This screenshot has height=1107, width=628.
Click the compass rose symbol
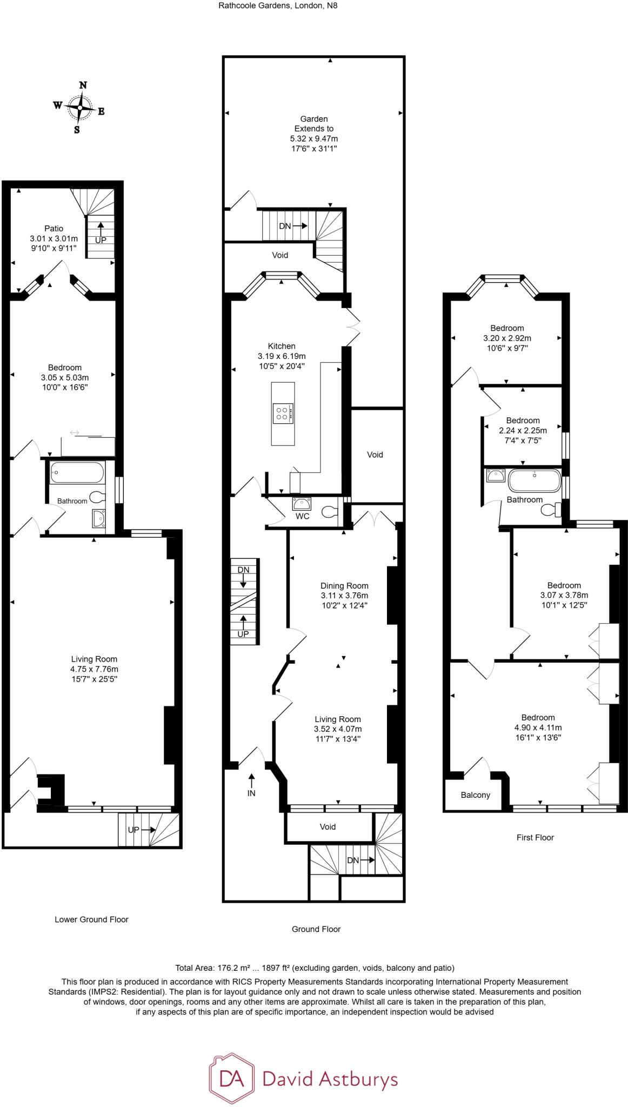[x=80, y=107]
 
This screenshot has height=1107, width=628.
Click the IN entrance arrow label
[x=251, y=793]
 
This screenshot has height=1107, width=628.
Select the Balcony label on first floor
[x=476, y=795]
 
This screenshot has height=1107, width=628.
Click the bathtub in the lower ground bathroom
[x=77, y=473]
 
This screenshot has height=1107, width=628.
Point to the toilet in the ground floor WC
[x=329, y=511]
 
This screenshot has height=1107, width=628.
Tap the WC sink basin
[x=302, y=504]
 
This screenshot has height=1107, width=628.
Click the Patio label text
[x=54, y=228]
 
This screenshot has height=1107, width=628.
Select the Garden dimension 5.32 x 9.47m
[x=314, y=138]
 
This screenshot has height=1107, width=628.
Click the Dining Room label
[x=344, y=585]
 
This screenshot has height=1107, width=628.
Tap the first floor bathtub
[x=534, y=480]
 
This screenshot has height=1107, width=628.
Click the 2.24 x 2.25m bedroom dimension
[x=523, y=430]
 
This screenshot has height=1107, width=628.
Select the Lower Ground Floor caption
[x=91, y=919]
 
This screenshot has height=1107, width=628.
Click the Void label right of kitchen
[x=375, y=455]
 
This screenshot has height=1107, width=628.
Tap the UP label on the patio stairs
[x=101, y=240]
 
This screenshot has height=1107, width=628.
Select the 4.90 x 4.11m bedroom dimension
[x=538, y=727]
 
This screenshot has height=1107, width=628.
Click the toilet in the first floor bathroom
[x=550, y=510]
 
